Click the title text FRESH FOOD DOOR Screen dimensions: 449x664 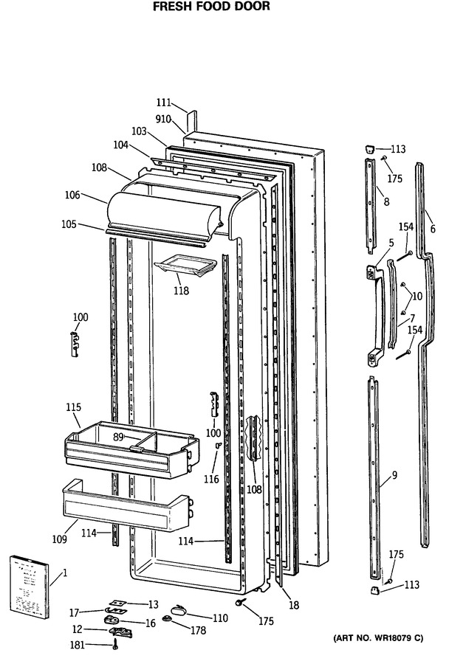click(x=211, y=7)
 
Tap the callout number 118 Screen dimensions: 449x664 click(x=181, y=291)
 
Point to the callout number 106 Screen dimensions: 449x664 click(x=72, y=196)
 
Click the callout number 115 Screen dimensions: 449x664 click(x=73, y=407)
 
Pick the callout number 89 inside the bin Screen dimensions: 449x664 click(x=118, y=438)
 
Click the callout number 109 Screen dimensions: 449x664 click(x=59, y=539)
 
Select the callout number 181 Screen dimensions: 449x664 click(x=77, y=645)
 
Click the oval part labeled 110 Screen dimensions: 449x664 click(x=178, y=611)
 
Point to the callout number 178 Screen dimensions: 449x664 click(x=198, y=631)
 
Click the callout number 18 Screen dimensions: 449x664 click(x=294, y=605)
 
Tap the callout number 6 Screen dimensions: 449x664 click(x=433, y=229)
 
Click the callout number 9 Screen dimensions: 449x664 click(x=394, y=475)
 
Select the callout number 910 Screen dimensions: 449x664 click(x=162, y=120)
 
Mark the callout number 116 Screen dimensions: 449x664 click(x=211, y=479)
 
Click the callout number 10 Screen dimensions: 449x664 click(x=417, y=296)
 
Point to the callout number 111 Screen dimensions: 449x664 click(x=164, y=103)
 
